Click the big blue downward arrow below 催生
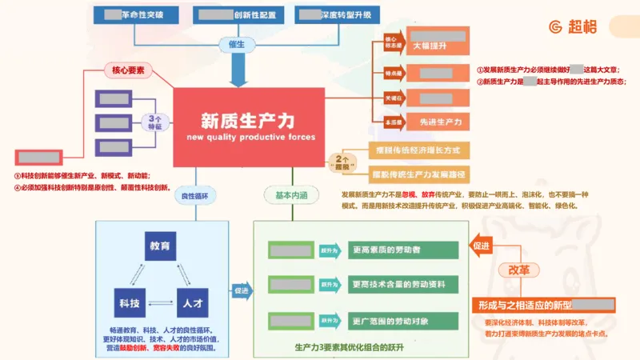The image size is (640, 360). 238,72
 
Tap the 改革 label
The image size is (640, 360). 513,270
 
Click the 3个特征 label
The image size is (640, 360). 155,122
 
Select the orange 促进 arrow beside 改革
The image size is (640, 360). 482,246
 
